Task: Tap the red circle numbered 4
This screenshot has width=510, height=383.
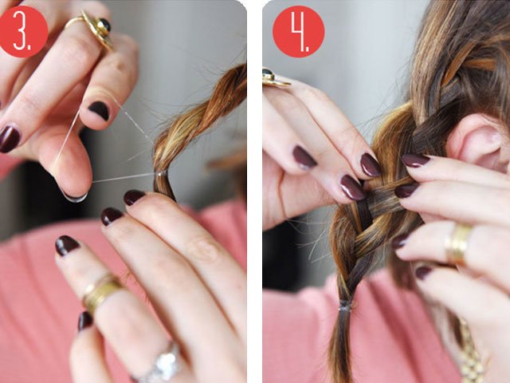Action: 298,31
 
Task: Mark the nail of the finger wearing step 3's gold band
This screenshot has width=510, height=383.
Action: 67,245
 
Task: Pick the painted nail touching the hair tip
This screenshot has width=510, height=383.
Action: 134,197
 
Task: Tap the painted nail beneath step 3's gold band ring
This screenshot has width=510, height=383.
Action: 84,320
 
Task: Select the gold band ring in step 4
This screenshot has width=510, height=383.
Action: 458,243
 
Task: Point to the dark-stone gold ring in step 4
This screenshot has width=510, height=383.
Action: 275,77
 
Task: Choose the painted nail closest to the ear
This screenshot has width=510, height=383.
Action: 415,160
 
